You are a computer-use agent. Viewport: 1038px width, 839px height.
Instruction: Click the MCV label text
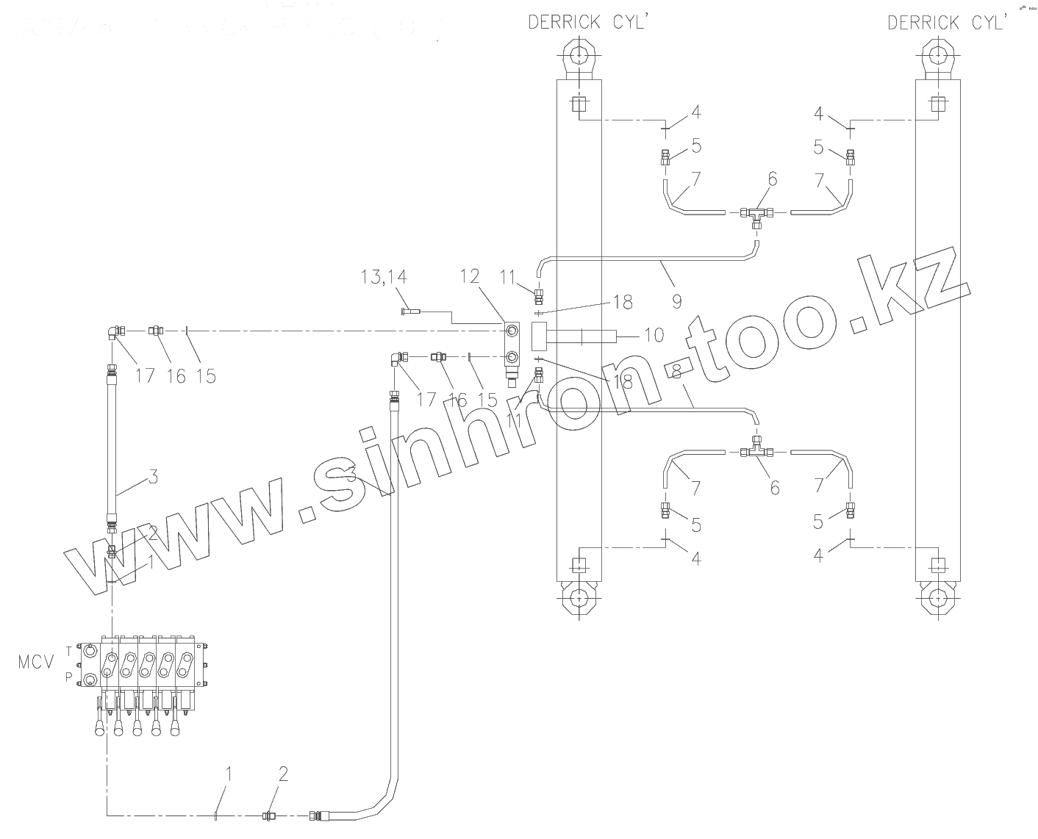36,663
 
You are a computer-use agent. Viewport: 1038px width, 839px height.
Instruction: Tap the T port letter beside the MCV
69,650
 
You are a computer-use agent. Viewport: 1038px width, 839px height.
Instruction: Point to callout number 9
676,300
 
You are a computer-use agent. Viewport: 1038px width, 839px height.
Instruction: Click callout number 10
654,335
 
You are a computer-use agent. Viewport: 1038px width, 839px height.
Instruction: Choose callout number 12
470,276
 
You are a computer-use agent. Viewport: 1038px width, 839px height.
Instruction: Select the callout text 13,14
384,277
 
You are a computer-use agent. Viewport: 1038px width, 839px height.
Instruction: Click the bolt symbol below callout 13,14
410,312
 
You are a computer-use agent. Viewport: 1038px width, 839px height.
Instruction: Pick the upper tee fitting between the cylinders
757,214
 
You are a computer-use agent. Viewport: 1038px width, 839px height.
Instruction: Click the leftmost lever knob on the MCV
99,730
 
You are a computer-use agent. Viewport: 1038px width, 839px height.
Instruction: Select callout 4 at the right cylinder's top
820,114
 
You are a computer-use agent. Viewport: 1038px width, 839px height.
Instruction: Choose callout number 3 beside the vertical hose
153,477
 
